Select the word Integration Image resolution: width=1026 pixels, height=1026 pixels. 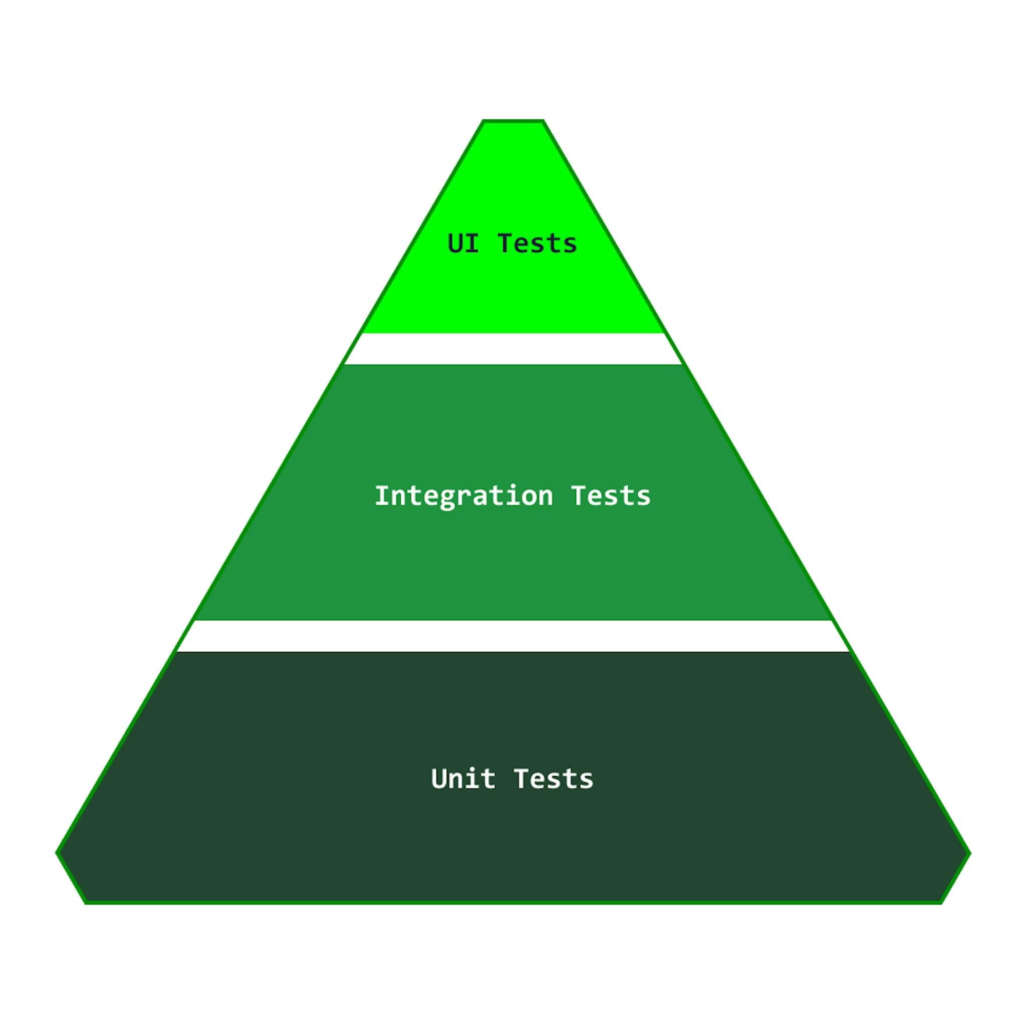[463, 496]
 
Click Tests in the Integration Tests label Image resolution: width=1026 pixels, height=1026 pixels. [611, 496]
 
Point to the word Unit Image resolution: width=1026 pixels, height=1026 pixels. [463, 779]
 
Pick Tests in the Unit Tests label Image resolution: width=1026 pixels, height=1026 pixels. [554, 779]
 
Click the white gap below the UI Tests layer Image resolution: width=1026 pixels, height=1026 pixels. [513, 349]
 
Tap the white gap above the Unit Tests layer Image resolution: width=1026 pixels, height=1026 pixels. [513, 636]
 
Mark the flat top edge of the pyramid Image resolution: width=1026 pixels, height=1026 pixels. [513, 121]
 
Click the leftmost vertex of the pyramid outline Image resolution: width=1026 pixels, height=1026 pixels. [57, 853]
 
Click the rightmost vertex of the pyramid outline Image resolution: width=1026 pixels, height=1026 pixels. [970, 853]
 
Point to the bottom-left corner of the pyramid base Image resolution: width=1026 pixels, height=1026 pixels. [86, 903]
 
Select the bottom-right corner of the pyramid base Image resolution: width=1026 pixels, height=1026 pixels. [941, 903]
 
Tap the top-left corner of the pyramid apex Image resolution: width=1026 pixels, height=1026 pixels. [483, 121]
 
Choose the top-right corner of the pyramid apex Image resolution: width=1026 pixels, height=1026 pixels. [543, 121]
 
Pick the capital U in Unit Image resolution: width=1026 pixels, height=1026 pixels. [438, 779]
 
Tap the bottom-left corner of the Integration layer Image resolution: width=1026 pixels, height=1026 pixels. [196, 619]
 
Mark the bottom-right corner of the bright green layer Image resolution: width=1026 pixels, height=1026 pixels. [664, 333]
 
